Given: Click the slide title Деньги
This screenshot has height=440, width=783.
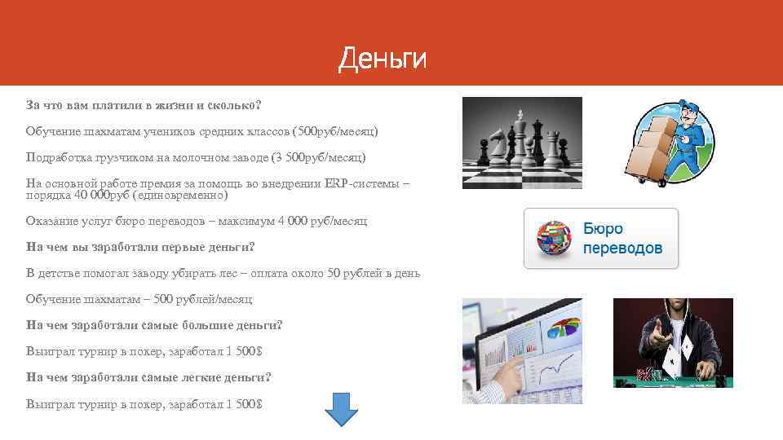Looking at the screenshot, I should [x=383, y=59].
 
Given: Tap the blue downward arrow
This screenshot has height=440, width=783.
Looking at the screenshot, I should [x=342, y=408].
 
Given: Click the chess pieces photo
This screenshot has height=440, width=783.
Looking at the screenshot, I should [x=522, y=143].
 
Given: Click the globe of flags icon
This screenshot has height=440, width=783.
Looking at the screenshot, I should [x=555, y=238].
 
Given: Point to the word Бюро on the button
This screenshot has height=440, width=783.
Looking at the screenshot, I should [x=603, y=229].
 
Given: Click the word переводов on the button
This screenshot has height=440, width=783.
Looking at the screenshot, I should [x=622, y=248].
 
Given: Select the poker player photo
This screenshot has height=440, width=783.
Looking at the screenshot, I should [x=673, y=341].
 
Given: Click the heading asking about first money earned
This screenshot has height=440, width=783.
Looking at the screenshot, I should [x=140, y=247].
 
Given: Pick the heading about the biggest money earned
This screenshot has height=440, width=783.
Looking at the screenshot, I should [x=154, y=325].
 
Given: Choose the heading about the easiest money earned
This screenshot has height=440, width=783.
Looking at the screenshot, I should [x=148, y=377].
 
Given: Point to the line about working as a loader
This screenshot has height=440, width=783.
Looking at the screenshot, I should [x=196, y=156].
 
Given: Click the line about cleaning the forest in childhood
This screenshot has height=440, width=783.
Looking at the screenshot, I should [x=223, y=273].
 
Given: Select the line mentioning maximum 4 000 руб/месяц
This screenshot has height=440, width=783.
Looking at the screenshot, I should [x=197, y=221].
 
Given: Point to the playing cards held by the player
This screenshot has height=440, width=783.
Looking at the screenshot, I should [x=676, y=351].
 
